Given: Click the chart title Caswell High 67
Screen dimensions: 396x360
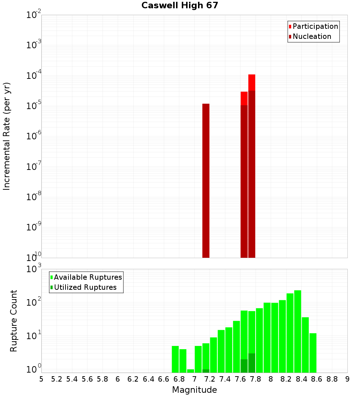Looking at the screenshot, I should pos(180,5).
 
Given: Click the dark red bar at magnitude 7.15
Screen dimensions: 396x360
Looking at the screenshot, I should pos(206,180).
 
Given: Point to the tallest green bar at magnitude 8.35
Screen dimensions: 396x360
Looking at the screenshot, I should pos(298,331).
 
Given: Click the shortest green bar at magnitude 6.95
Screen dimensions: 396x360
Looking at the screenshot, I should pos(190,371).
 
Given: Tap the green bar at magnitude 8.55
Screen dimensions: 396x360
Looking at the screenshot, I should pos(313,353).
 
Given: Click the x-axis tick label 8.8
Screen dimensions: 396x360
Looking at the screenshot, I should pos(332,379).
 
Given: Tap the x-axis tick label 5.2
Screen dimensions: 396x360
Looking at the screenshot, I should pos(57,379).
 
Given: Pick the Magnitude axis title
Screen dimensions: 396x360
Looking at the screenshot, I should pos(194,390).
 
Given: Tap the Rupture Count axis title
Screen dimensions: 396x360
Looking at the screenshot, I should pos(14,321).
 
